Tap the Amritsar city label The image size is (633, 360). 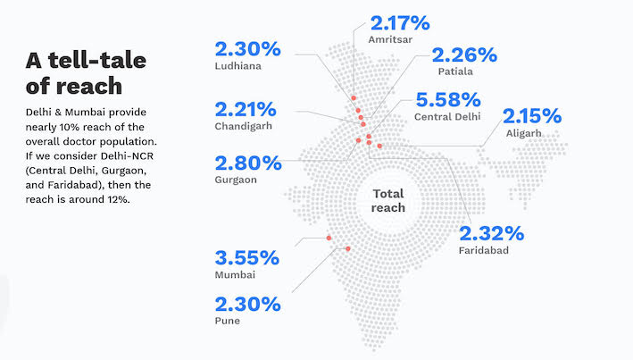coord(389,38)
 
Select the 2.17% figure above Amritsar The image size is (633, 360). coord(399,21)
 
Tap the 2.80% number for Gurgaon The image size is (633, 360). coord(247,163)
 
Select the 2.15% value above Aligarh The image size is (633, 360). coord(532,115)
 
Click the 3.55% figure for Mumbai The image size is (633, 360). coord(247,259)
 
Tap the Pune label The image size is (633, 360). coord(228,320)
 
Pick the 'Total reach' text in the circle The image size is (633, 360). coord(387,200)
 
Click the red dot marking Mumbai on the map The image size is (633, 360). coord(329,238)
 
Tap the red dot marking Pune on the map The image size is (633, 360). coord(347,248)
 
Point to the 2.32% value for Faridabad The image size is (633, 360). coord(491,233)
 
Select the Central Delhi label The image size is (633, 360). coord(447,116)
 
